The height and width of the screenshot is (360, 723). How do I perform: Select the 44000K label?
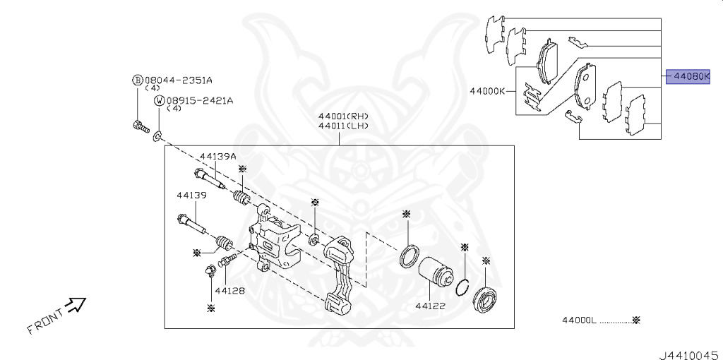[x=487, y=91]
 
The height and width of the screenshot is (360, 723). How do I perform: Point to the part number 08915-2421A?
[x=200, y=100]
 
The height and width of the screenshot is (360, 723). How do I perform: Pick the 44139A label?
[x=217, y=156]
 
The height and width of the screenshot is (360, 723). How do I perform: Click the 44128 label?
[x=230, y=290]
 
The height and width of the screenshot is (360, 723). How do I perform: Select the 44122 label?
[x=430, y=306]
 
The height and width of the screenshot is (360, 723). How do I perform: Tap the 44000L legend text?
[x=580, y=320]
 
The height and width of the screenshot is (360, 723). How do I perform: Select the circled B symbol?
[x=138, y=80]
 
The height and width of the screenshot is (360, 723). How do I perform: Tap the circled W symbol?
[x=160, y=101]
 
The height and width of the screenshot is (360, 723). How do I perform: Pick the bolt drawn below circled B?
[x=140, y=127]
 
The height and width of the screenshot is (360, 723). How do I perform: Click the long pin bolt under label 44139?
[x=191, y=224]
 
